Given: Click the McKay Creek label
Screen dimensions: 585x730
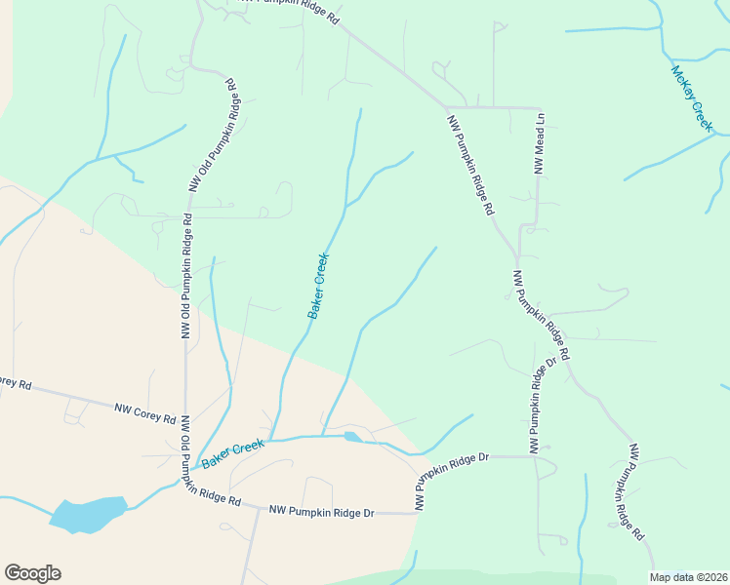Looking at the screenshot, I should tap(692, 97).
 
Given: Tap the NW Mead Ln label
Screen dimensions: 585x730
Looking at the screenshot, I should tap(538, 142).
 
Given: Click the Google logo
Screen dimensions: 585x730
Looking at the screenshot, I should tap(32, 573).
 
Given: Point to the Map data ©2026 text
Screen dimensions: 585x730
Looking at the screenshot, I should tap(688, 577).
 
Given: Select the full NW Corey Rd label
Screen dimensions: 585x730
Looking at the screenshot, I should tap(144, 413).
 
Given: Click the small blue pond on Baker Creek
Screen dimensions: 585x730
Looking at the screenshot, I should tap(352, 438).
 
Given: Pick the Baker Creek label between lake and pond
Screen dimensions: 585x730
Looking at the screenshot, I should tap(234, 450).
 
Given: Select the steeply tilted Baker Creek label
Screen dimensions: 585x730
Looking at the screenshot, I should tap(319, 286).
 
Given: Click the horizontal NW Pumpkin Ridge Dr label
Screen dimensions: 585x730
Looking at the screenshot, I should tap(322, 510).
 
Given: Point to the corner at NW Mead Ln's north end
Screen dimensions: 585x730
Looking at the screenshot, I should tap(540, 107).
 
